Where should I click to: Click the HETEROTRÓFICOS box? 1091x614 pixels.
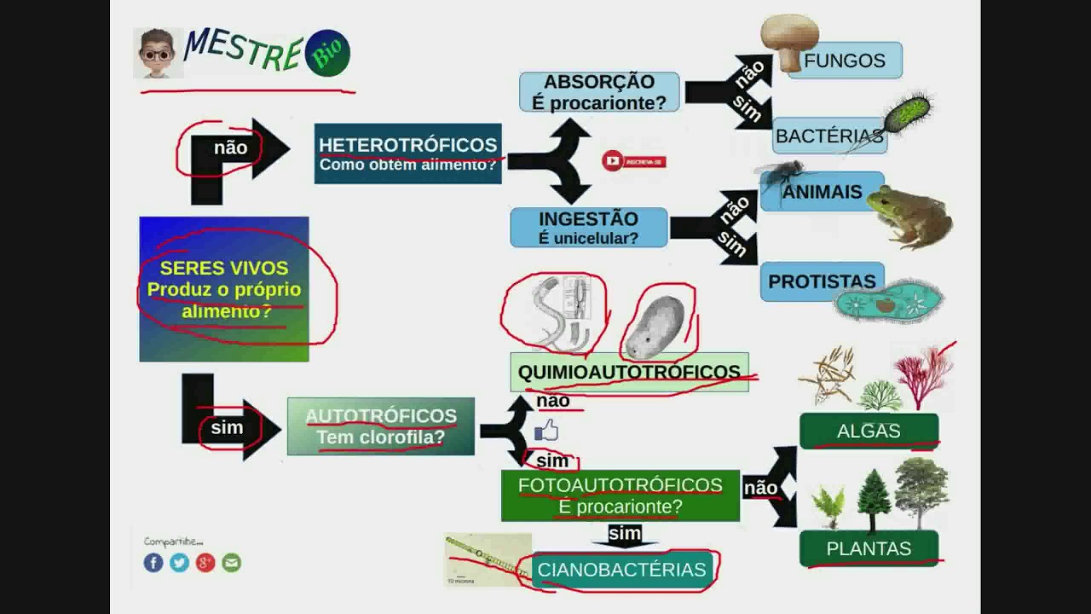[x=407, y=153]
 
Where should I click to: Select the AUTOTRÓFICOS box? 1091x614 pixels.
[x=380, y=426]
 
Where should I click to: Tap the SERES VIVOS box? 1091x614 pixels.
[x=224, y=289]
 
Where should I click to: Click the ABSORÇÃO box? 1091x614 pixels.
[x=599, y=92]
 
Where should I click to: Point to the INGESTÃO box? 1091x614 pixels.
[x=588, y=228]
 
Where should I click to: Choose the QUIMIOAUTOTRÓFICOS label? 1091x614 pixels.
[x=629, y=372]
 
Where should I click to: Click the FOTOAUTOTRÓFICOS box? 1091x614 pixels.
[x=620, y=495]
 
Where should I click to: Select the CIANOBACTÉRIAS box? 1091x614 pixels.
[x=621, y=570]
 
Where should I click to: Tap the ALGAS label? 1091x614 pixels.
[x=869, y=432]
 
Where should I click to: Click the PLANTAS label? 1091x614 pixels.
[x=869, y=548]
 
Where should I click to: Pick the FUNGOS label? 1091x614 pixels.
[x=845, y=61]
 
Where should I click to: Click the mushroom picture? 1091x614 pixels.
[x=788, y=39]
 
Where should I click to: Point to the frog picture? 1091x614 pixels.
[x=909, y=217]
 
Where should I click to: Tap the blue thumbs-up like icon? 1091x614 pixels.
[x=545, y=431]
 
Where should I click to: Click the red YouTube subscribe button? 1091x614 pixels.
[x=633, y=161]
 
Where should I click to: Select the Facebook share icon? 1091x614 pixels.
[x=153, y=563]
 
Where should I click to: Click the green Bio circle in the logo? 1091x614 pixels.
[x=327, y=54]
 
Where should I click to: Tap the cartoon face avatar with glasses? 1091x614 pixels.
[x=157, y=54]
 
